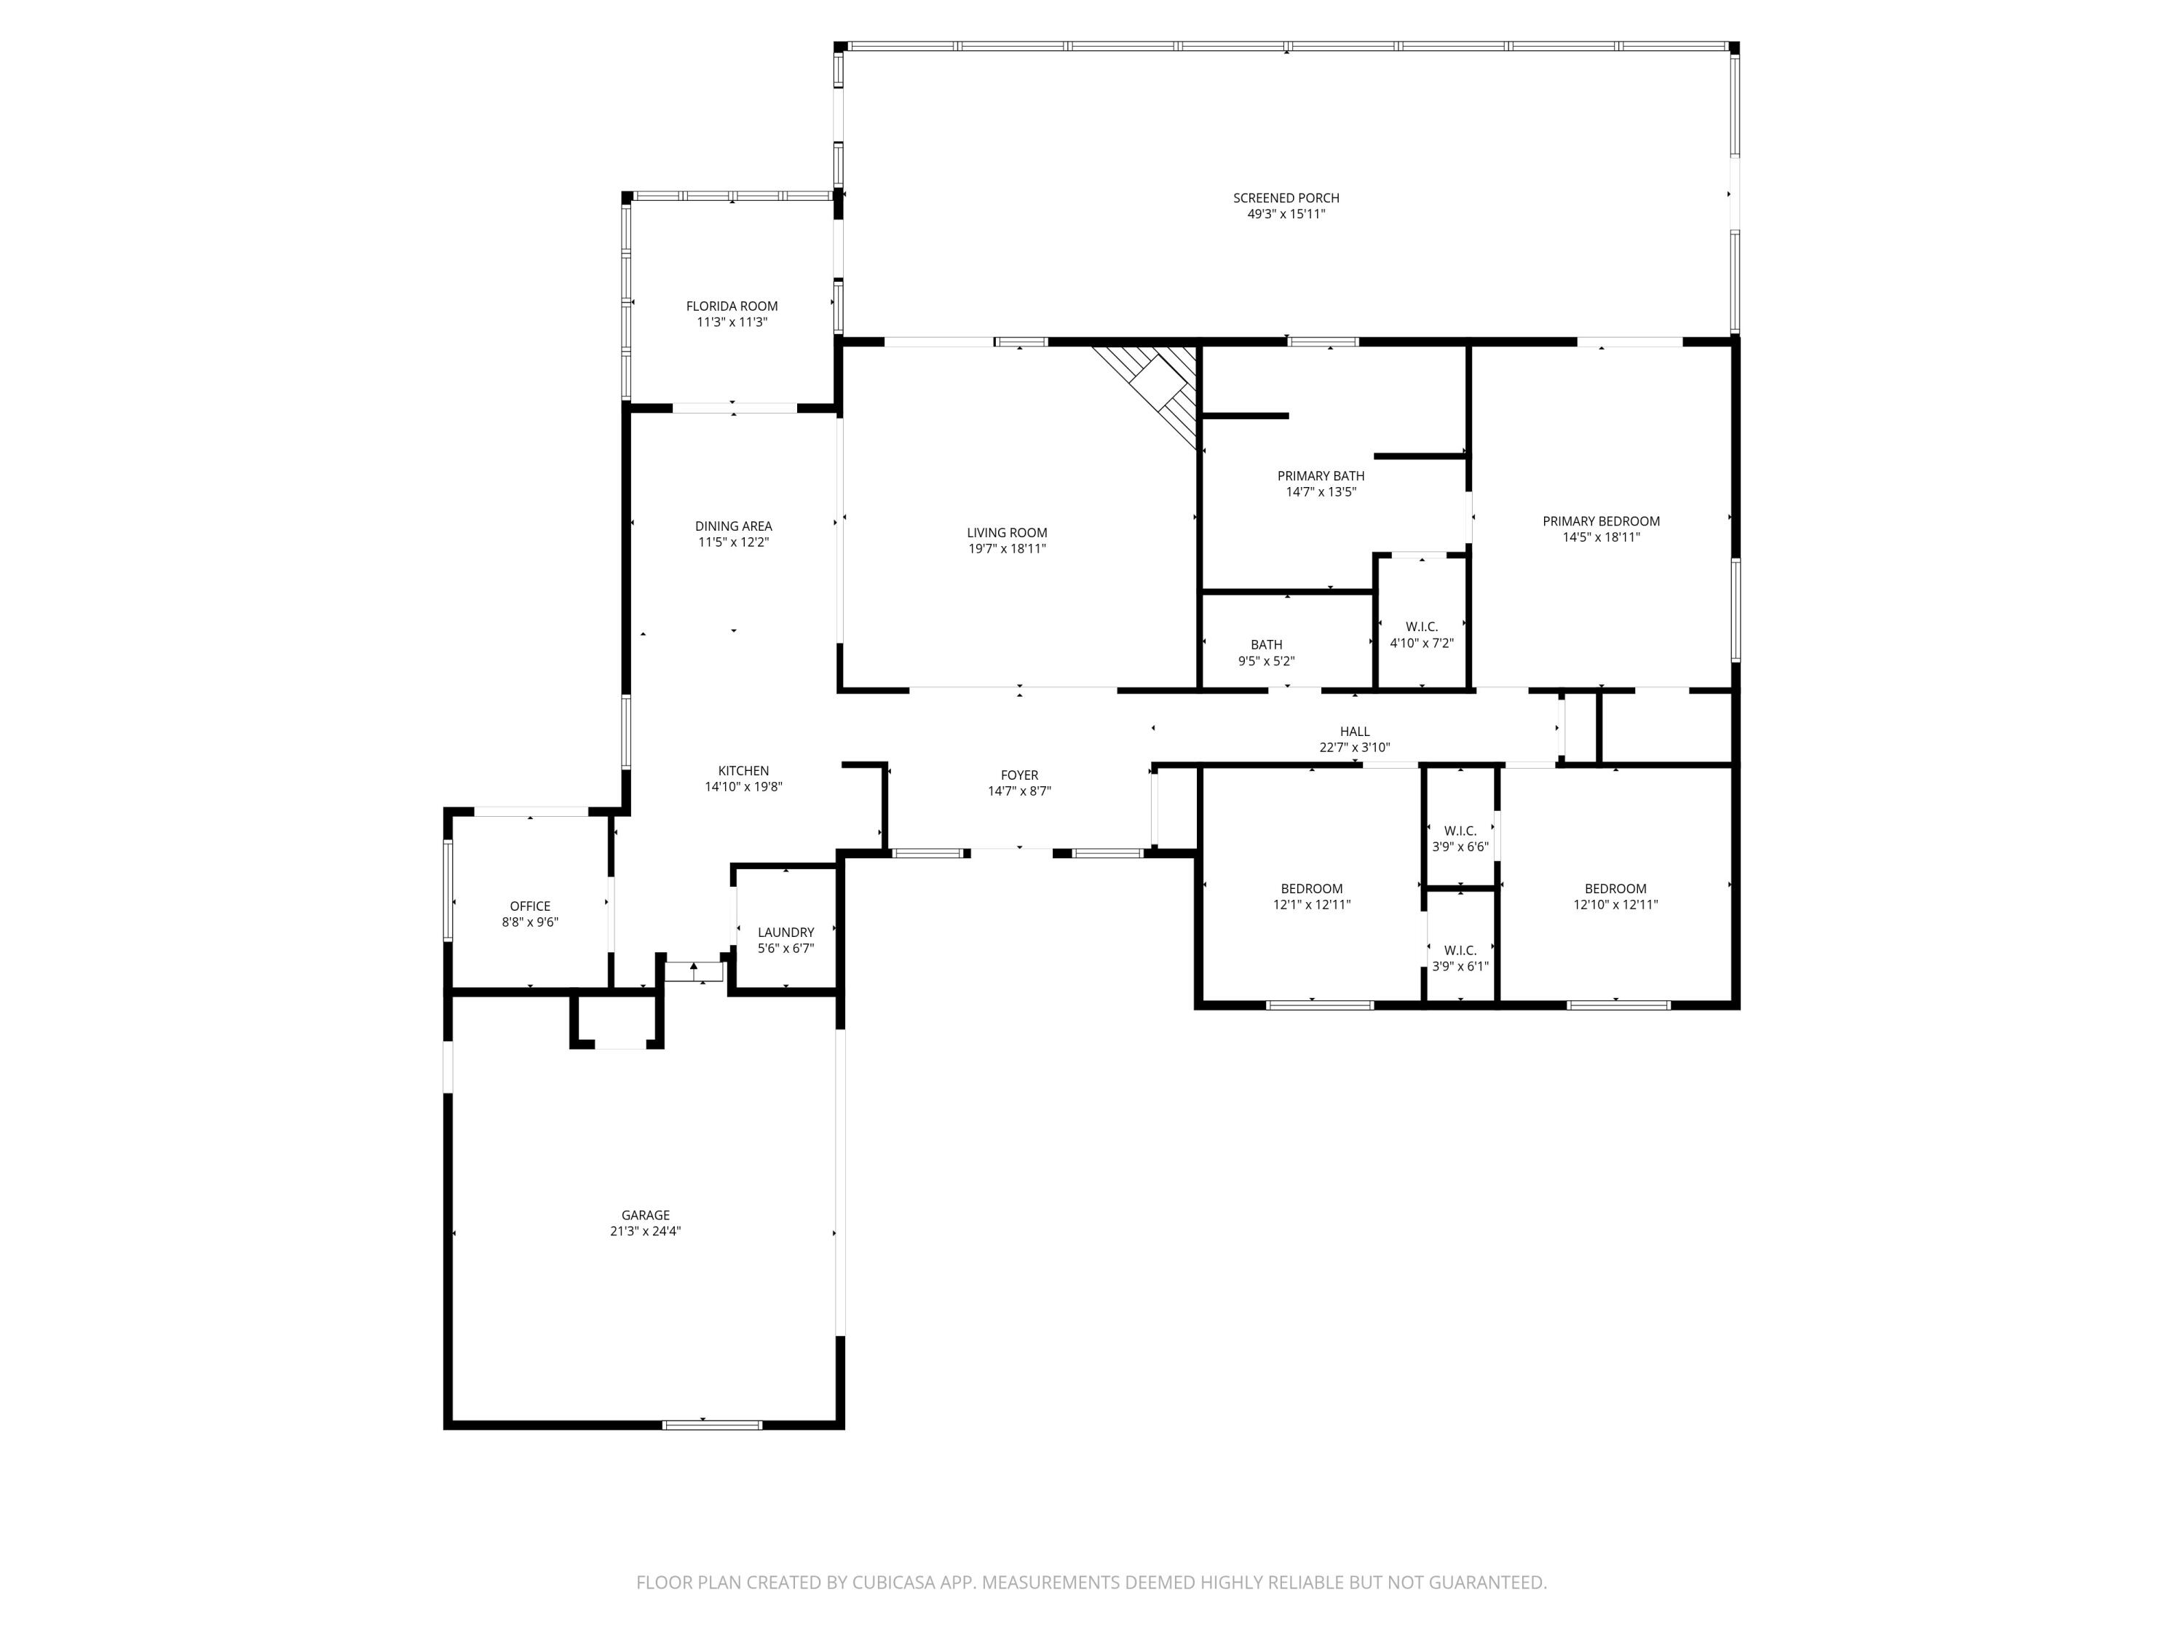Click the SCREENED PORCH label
1286,197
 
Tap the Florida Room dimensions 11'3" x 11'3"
732,322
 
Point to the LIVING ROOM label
1006,532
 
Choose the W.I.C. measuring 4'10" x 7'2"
1421,634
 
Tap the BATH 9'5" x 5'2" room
1266,652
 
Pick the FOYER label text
1019,775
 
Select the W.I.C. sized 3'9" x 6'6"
1460,838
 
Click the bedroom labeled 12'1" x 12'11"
1311,895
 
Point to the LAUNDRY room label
785,932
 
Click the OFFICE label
530,906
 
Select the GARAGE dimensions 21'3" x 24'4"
645,1231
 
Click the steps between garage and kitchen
693,972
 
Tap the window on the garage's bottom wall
712,1424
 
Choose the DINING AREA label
732,526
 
